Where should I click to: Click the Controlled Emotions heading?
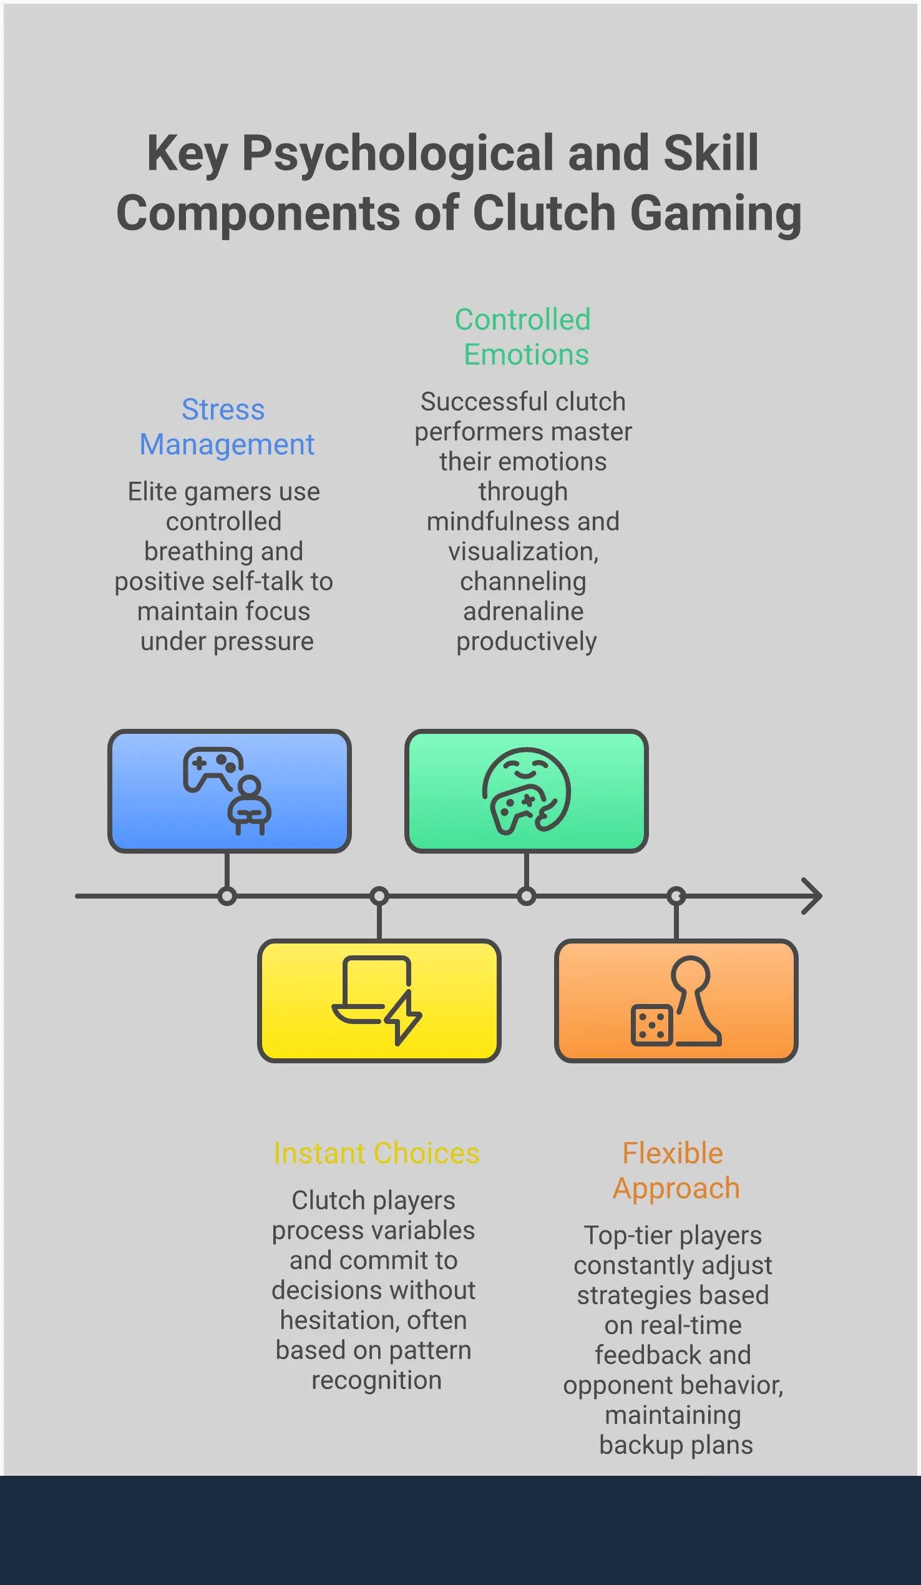524,337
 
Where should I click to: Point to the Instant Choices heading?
376,1154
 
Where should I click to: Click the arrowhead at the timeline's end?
814,895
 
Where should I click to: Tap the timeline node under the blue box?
227,895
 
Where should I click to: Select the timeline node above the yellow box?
379,895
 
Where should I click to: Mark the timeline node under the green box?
526,895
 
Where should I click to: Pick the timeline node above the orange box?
676,895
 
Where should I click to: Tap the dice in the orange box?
651,1025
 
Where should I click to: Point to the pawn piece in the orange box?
694,1000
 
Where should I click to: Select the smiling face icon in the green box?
526,790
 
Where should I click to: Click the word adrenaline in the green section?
524,612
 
